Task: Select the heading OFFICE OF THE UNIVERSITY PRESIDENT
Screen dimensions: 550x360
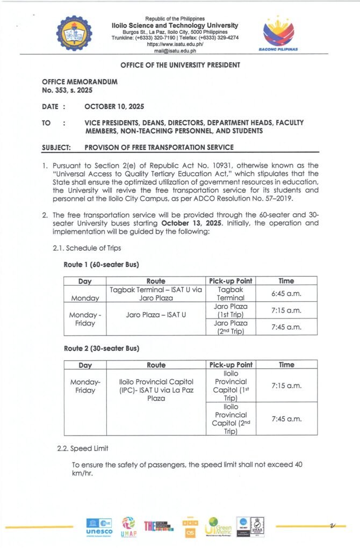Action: pos(179,65)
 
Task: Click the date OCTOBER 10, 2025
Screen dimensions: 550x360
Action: pos(114,106)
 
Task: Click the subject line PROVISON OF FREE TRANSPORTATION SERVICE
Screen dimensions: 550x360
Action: pos(159,148)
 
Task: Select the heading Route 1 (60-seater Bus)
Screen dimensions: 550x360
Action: pos(102,265)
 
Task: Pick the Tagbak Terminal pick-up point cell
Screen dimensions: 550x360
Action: pos(230,293)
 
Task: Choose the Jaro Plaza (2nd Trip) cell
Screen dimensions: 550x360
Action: pos(230,327)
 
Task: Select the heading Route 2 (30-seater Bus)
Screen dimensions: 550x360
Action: pos(102,349)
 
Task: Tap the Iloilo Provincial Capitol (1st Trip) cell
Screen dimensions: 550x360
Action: pos(230,386)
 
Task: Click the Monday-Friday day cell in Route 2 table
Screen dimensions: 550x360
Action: pos(85,386)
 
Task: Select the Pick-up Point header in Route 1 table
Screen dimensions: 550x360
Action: pos(230,280)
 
